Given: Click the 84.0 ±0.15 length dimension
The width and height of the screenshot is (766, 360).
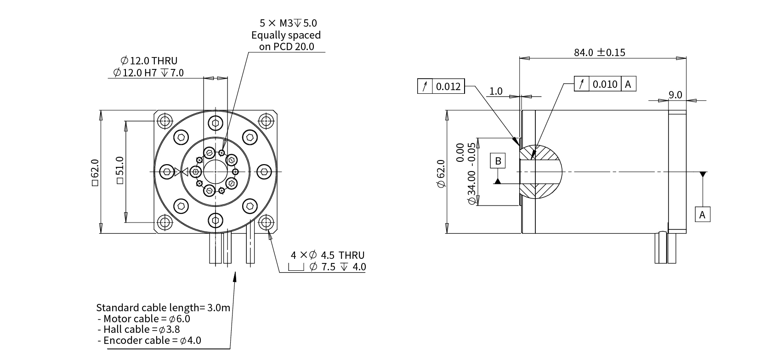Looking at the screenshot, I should [x=599, y=52].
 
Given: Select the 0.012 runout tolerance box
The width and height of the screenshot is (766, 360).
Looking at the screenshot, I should [x=441, y=86].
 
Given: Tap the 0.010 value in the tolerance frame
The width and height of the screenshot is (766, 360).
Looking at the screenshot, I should [x=605, y=84].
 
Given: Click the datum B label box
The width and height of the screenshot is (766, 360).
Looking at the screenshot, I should [x=498, y=161].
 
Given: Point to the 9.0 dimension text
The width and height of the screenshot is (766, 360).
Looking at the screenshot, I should [x=675, y=95].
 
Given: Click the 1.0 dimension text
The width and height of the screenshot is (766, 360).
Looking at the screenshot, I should [x=496, y=91].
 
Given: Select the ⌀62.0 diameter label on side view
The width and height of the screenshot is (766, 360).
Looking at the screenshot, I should [x=441, y=173].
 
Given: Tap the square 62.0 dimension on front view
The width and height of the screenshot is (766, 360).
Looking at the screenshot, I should [x=95, y=172].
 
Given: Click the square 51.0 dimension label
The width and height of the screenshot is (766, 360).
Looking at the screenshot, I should [x=119, y=170].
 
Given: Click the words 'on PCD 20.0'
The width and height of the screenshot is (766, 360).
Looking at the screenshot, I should [x=286, y=47].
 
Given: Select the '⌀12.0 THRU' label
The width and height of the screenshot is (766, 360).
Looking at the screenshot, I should [x=149, y=61].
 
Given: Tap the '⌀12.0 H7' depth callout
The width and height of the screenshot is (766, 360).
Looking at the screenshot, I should [x=148, y=73].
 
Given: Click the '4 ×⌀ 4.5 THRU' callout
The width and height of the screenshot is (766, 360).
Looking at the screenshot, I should [x=327, y=255].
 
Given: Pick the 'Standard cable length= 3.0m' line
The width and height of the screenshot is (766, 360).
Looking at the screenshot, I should [x=163, y=308].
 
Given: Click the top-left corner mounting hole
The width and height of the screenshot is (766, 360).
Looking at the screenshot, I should [x=165, y=121].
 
